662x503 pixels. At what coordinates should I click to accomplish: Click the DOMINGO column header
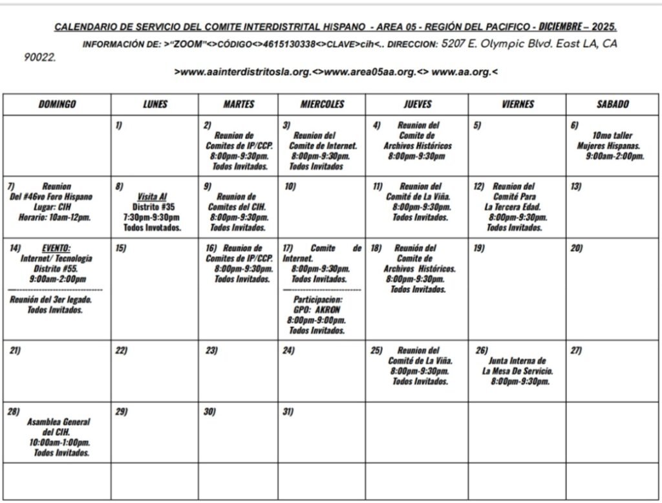[x=57, y=104]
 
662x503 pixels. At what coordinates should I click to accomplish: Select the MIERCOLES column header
[x=322, y=104]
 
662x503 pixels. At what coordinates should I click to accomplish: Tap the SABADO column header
[x=612, y=104]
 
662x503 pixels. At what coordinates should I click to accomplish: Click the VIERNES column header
[x=518, y=104]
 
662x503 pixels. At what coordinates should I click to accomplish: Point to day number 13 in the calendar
[x=575, y=186]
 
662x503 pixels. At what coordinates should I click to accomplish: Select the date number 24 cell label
[x=288, y=350]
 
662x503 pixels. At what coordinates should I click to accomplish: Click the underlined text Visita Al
[x=153, y=197]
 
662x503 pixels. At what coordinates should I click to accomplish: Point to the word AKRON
[x=328, y=310]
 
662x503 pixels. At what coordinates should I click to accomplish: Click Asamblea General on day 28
[x=59, y=422]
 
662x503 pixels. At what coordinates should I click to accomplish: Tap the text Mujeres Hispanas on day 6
[x=608, y=146]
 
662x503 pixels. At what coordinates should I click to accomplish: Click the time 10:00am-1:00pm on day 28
[x=59, y=442]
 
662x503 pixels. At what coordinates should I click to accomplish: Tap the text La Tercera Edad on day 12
[x=515, y=207]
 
